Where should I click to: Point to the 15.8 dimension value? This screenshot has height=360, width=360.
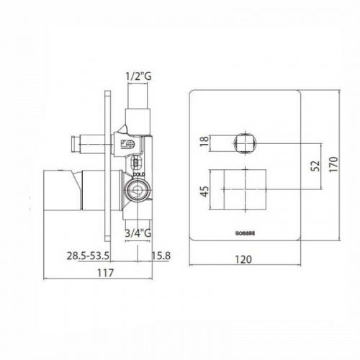coord(161,256)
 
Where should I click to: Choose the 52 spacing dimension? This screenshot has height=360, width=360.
coord(314,165)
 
